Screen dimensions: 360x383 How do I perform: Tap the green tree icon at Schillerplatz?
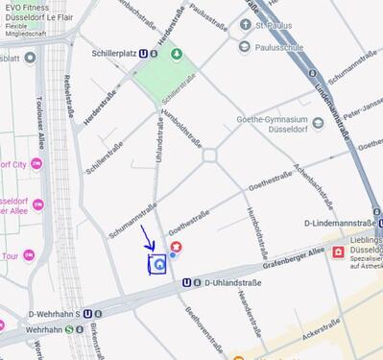coord(176,54)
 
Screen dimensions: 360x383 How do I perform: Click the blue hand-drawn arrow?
coord(146,237)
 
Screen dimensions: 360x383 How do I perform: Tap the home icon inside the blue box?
coord(157,262)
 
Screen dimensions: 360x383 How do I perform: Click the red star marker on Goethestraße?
coord(176,248)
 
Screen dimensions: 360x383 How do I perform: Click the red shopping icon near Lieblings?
coord(339,253)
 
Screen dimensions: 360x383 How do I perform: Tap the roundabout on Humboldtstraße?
coord(210,154)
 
